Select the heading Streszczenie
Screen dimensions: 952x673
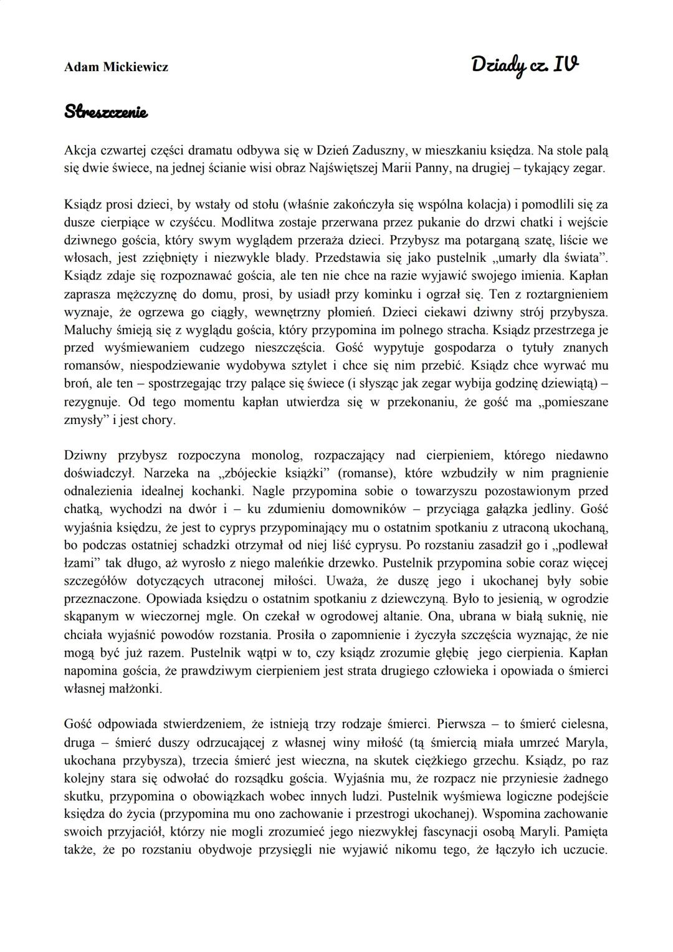pyautogui.click(x=106, y=113)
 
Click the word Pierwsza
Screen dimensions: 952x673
pyautogui.click(x=464, y=724)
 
